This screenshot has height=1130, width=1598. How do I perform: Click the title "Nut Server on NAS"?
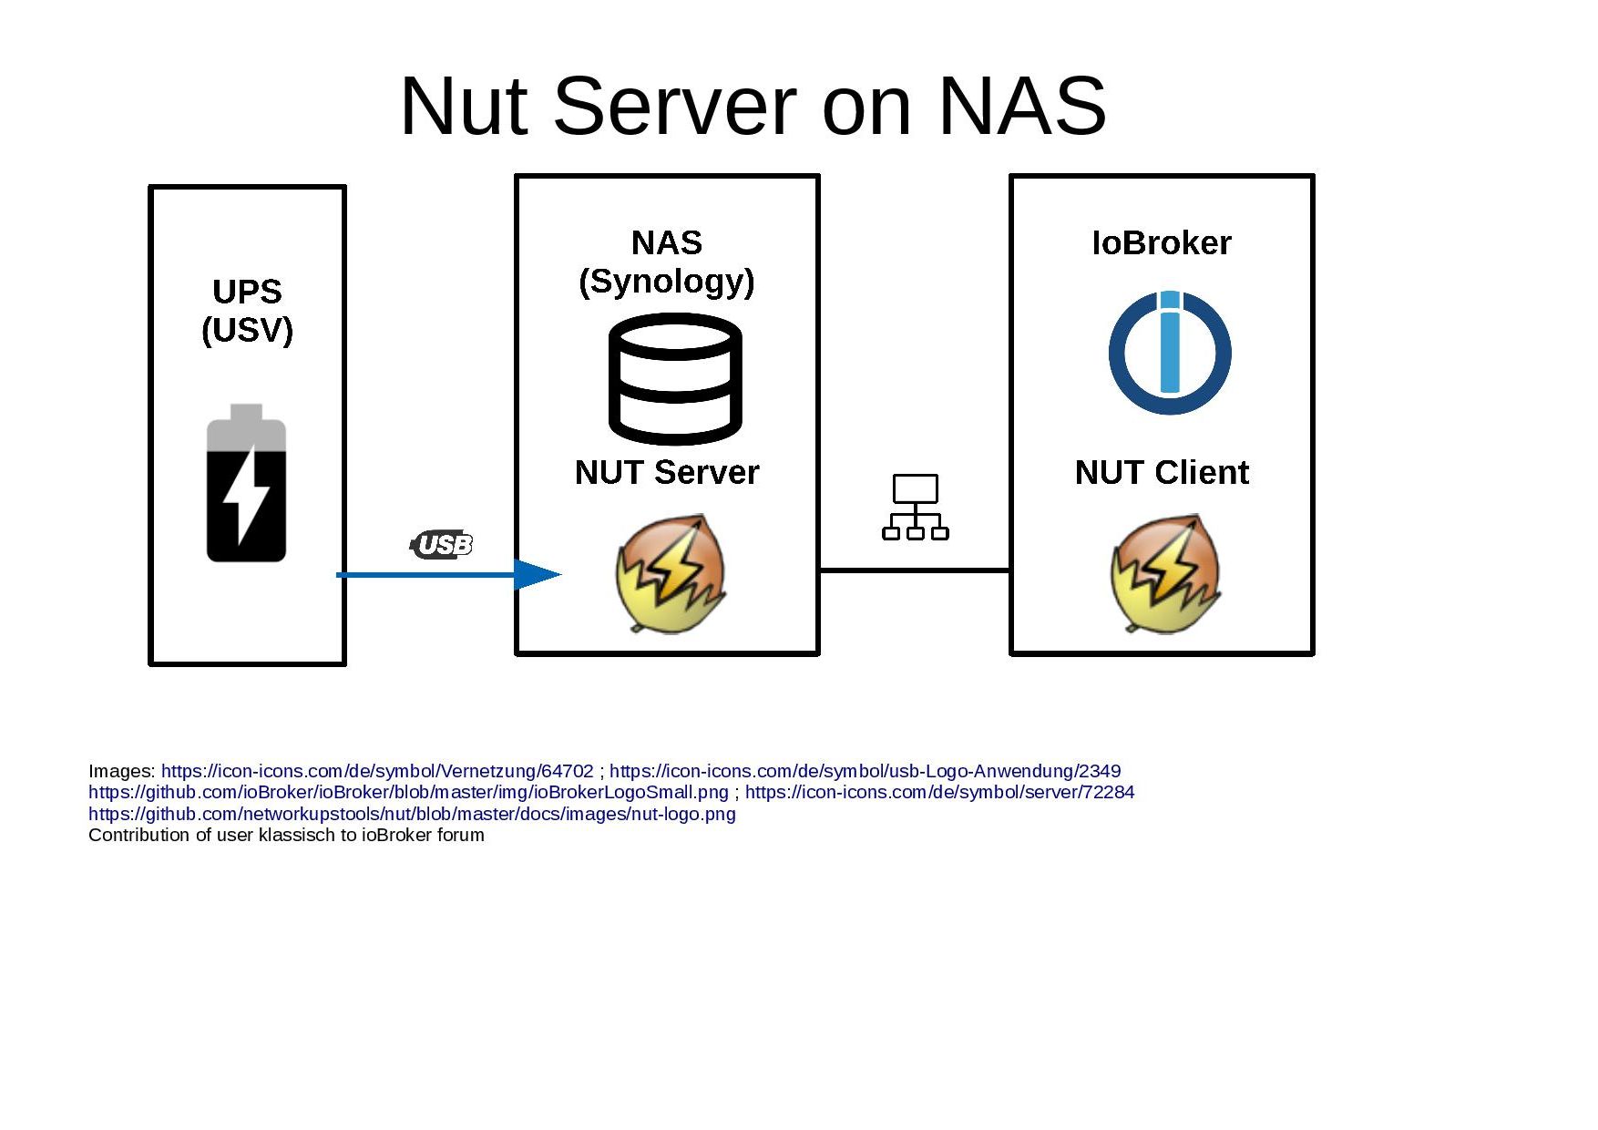point(753,106)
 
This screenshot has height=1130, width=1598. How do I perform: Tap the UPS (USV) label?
point(247,311)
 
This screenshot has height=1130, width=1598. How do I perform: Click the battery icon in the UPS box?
point(246,483)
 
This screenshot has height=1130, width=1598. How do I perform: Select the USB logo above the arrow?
point(442,544)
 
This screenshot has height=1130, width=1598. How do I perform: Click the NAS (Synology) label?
point(667,262)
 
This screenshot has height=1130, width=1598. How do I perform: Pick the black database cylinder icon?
point(675,378)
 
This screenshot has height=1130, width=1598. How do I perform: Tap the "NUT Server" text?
point(667,472)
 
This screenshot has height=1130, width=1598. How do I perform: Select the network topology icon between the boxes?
point(916,507)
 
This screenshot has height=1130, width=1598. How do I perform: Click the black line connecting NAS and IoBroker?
point(915,570)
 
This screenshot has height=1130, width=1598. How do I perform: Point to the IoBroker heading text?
point(1162,243)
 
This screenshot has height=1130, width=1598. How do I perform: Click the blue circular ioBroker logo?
point(1170,353)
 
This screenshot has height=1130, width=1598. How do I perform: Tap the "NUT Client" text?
point(1162,472)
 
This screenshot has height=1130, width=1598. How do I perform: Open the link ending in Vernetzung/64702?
point(377,771)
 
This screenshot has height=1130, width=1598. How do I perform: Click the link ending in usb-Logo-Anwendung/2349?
point(865,771)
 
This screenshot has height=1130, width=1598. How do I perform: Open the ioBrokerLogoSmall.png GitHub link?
point(408,792)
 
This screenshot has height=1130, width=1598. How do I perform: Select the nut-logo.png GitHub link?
point(412,814)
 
